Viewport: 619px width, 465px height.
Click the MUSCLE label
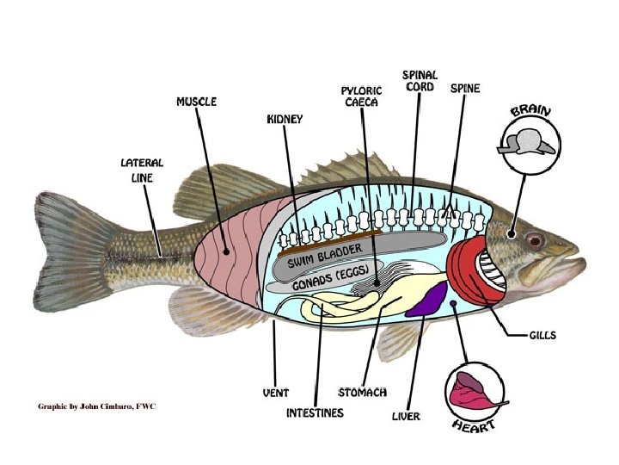pyautogui.click(x=196, y=102)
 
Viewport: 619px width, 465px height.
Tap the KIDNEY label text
pyautogui.click(x=284, y=120)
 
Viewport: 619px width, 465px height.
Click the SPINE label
pyautogui.click(x=465, y=89)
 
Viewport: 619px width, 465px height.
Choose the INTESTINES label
pyautogui.click(x=315, y=413)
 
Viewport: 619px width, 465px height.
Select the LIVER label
pyautogui.click(x=406, y=417)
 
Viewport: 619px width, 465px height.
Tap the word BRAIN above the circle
pyautogui.click(x=530, y=112)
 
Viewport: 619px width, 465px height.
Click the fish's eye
pyautogui.click(x=535, y=239)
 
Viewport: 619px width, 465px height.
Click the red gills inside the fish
pyautogui.click(x=469, y=271)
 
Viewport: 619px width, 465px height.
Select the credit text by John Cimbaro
pyautogui.click(x=96, y=406)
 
